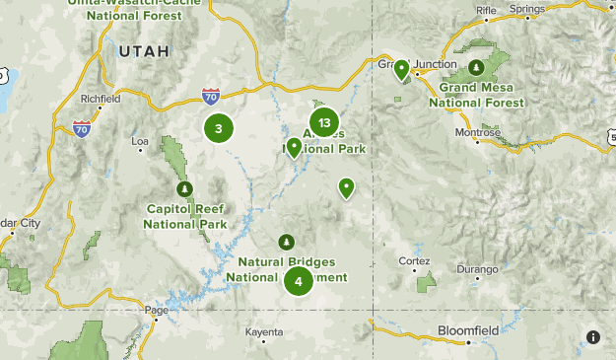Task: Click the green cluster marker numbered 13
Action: [x=324, y=122]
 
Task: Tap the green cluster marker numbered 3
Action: [x=219, y=127]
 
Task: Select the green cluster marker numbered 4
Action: [x=299, y=281]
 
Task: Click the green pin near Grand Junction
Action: [x=402, y=69]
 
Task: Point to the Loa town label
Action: [x=141, y=141]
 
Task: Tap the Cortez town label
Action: [x=415, y=260]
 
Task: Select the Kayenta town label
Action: [x=263, y=332]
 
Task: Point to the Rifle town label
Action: [x=487, y=10]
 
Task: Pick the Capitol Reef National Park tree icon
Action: [x=182, y=188]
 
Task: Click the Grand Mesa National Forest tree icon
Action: [x=476, y=67]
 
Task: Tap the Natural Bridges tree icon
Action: [x=287, y=242]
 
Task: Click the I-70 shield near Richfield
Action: [x=81, y=128]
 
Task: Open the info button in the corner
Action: [x=592, y=337]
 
